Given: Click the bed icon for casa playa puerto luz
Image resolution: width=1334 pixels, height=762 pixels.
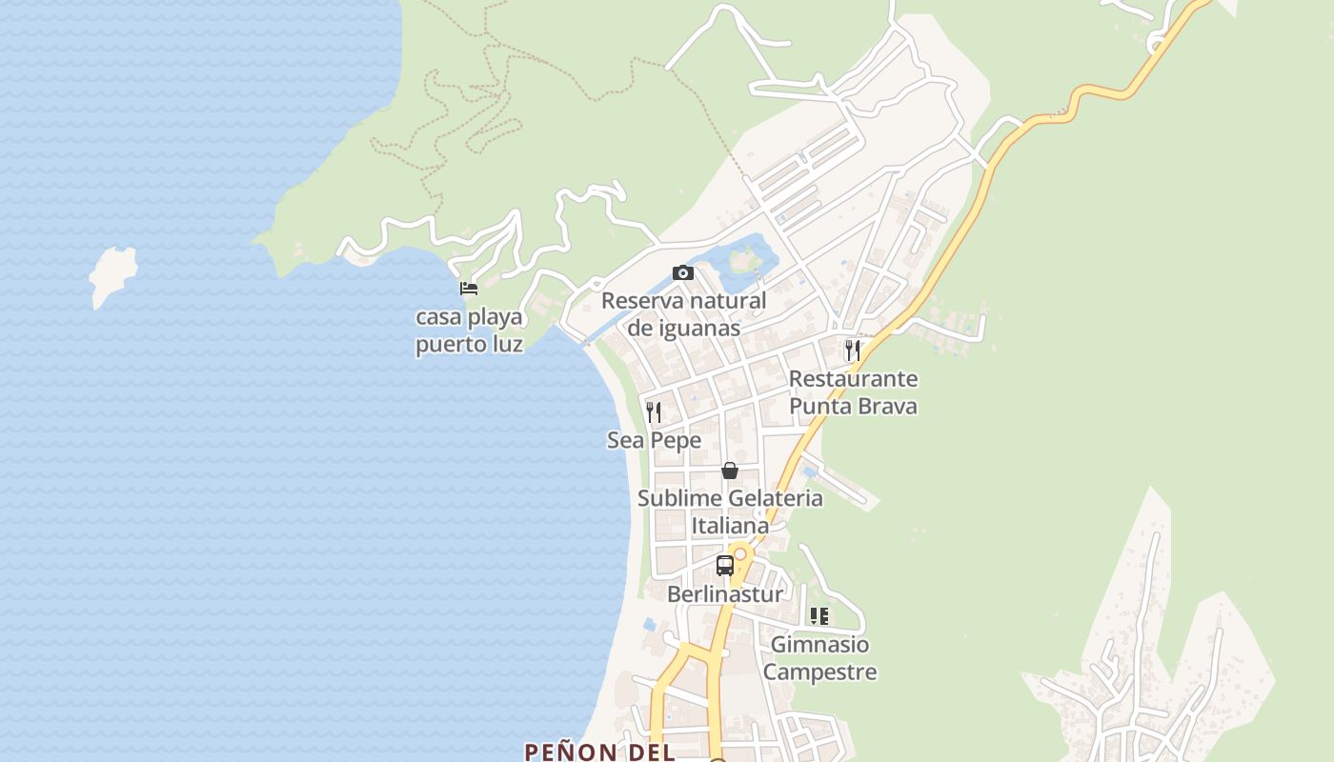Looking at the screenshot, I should [469, 288].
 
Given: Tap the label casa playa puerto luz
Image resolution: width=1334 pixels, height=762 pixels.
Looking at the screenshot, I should [469, 331].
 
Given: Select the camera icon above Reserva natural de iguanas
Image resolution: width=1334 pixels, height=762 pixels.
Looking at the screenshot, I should [682, 273].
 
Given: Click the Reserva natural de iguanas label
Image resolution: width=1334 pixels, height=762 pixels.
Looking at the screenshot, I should [683, 314].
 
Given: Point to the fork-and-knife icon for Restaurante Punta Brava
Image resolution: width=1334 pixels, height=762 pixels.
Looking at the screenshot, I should [853, 351].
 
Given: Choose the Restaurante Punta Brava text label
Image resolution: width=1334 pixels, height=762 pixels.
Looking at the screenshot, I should [853, 392].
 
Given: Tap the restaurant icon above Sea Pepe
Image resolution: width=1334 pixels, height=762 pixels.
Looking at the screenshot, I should [654, 411].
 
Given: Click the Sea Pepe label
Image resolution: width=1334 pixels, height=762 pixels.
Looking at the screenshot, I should [654, 440].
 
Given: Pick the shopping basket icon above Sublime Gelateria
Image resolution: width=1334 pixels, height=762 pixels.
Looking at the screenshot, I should [730, 471].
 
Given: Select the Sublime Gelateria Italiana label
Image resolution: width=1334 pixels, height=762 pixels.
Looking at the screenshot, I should [730, 511].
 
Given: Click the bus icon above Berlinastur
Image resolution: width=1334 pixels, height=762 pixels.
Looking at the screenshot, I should [725, 566].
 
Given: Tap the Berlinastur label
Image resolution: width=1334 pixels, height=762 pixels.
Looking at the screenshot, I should [725, 594].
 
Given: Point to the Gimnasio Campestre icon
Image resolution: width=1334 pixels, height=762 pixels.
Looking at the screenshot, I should [819, 616].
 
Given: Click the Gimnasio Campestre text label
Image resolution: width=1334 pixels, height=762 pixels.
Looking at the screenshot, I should [819, 658].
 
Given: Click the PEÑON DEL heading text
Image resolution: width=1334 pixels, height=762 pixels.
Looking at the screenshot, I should [599, 752].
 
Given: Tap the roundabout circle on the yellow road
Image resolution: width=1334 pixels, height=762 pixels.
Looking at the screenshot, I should [739, 553].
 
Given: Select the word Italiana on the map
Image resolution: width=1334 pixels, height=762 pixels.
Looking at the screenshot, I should [730, 526].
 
